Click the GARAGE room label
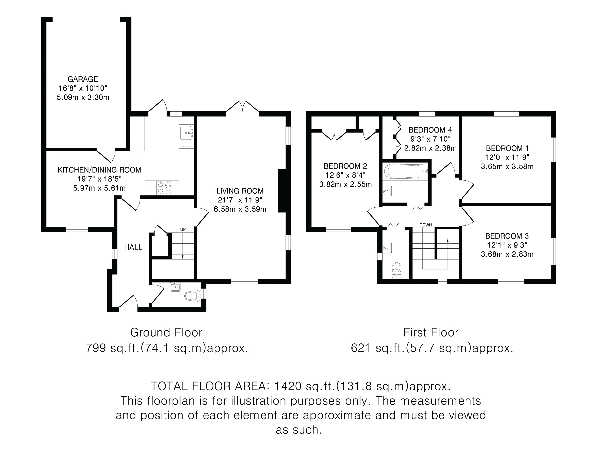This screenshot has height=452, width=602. click(83, 79)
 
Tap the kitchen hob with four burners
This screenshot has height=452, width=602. click(164, 188)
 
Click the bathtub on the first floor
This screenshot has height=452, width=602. click(405, 171)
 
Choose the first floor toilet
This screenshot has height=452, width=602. click(396, 271)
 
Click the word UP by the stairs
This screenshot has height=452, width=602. click(183, 229)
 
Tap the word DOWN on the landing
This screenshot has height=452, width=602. click(426, 225)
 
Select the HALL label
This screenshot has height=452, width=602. click(133, 247)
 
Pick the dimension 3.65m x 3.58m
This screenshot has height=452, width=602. click(507, 166)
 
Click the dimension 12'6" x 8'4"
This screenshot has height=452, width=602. click(345, 175)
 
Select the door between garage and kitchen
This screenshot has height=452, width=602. click(106, 156)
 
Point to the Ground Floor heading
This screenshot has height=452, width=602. click(166, 333)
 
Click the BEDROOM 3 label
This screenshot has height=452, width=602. click(507, 236)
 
